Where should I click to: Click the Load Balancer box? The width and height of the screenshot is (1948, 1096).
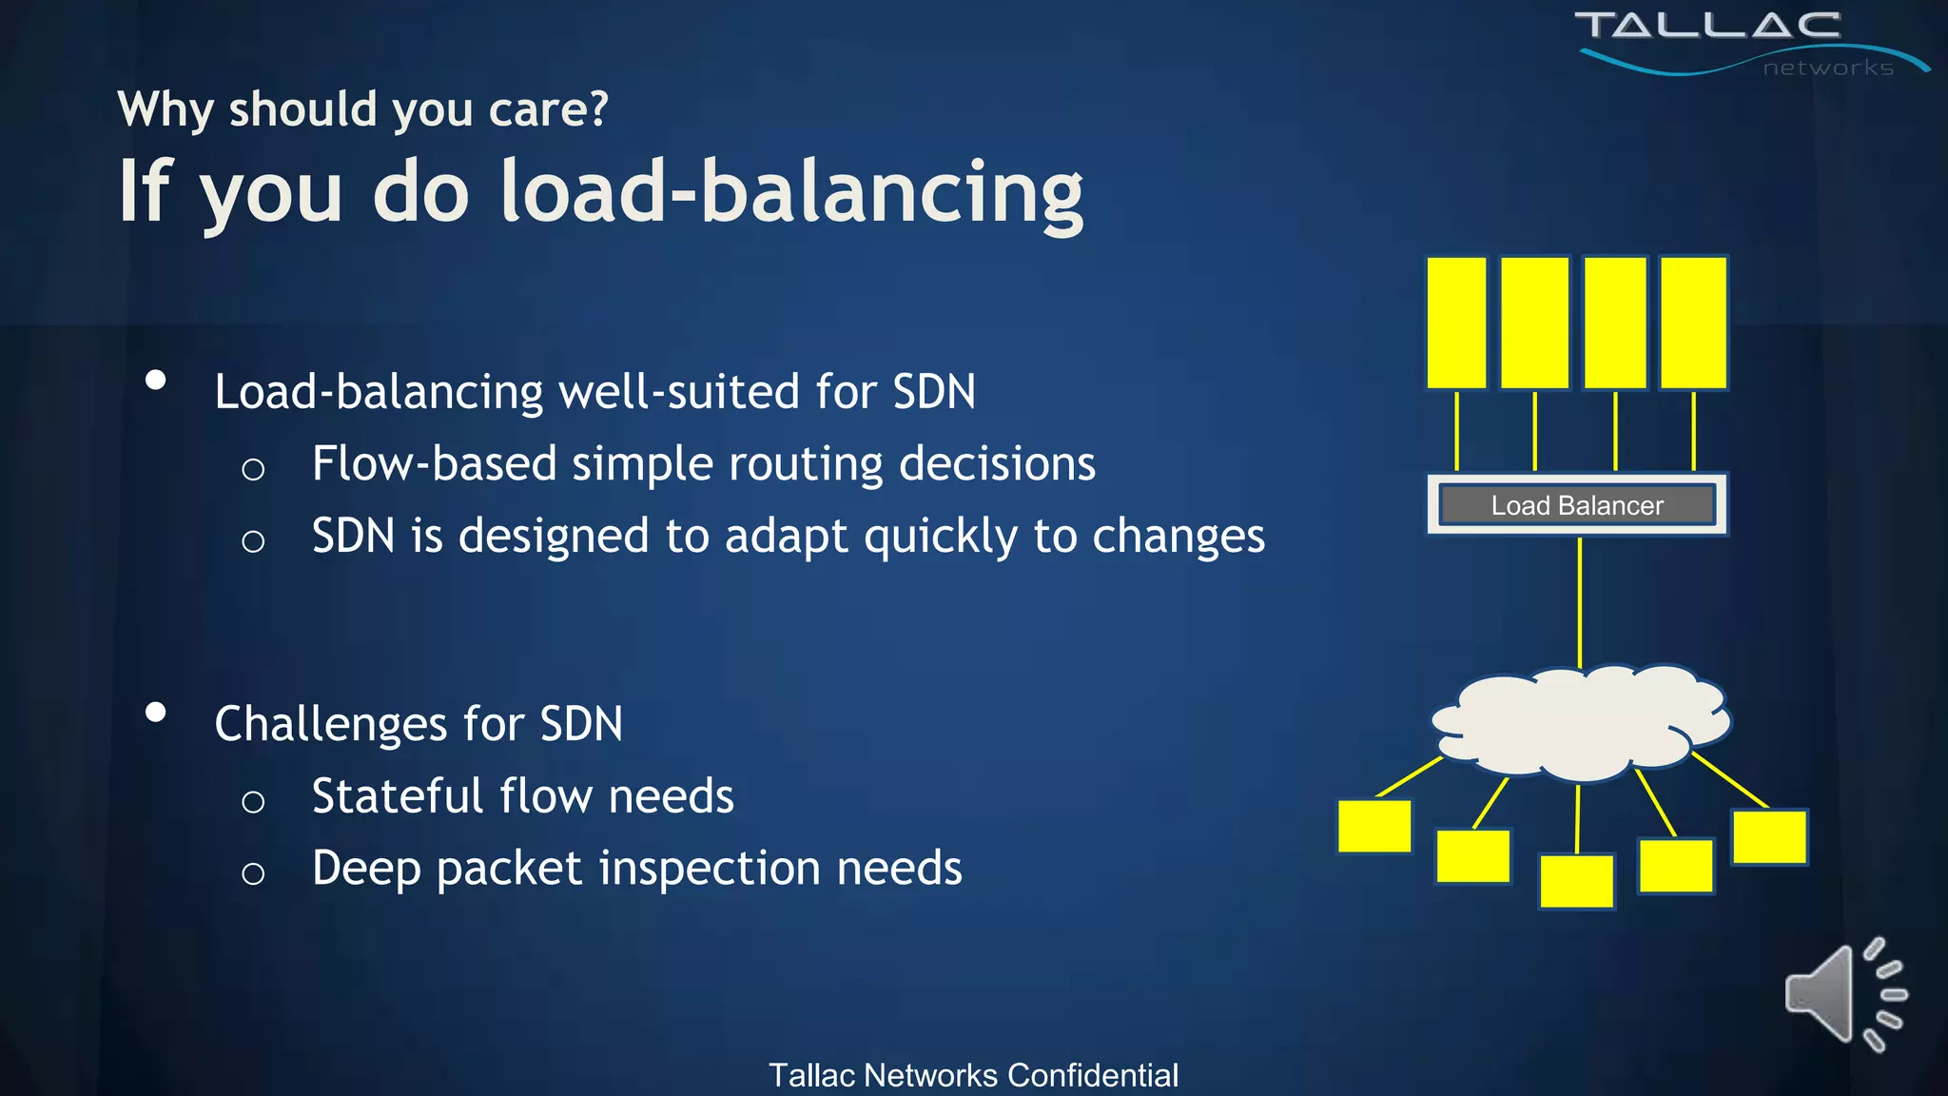click(1577, 504)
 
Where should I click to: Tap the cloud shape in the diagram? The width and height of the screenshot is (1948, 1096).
click(1581, 722)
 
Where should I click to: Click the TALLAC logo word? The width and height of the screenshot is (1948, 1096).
click(1707, 26)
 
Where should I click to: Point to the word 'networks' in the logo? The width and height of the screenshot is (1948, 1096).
click(1828, 68)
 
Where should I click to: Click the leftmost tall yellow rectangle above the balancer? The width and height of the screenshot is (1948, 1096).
click(1456, 323)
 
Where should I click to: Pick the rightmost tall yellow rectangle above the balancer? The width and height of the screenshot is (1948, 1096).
click(1693, 323)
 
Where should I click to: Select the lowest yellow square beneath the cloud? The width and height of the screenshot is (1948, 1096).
click(1576, 881)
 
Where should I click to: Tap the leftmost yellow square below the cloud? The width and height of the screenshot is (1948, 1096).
click(1374, 826)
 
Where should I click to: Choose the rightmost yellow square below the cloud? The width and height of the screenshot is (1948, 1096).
click(1769, 836)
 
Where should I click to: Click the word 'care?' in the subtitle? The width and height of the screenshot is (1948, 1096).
click(548, 109)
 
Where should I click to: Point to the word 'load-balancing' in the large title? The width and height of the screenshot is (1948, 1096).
click(791, 192)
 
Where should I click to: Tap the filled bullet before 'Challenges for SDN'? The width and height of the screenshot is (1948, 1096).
click(156, 712)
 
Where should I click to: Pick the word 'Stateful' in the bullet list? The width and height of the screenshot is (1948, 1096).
click(398, 796)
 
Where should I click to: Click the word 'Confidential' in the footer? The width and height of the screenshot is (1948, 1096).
click(1093, 1075)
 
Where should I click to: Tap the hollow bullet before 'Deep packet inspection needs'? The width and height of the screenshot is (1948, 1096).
click(253, 873)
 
